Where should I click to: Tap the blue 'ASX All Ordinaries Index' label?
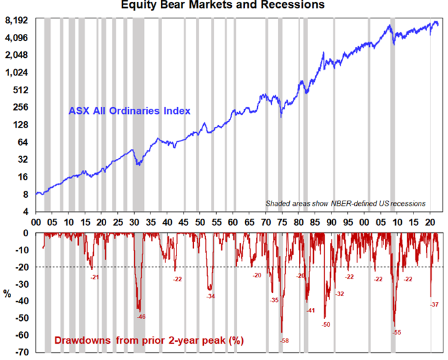coord(129,111)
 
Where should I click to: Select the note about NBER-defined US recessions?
coord(345,204)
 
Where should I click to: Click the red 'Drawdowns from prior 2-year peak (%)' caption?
coord(149,340)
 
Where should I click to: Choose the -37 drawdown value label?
coord(434,305)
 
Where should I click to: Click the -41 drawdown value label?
coord(311,311)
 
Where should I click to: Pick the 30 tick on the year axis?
coord(134,223)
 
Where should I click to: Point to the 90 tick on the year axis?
coord(331,223)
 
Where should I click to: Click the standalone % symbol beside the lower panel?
coord(7,294)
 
